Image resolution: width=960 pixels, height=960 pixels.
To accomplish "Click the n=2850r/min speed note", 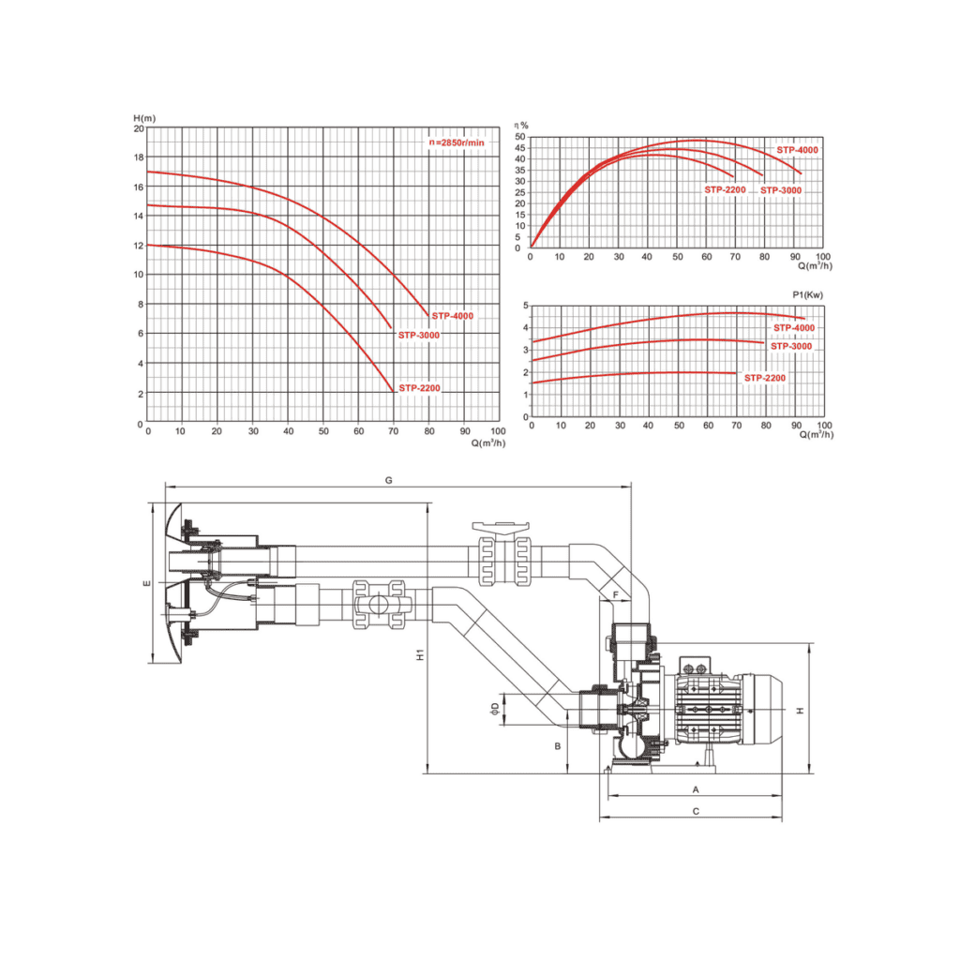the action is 457,142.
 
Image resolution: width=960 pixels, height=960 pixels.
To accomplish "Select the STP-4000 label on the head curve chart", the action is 453,316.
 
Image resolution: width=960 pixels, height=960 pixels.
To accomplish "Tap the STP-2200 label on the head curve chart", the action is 419,388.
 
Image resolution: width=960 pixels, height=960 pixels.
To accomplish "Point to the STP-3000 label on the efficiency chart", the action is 781,190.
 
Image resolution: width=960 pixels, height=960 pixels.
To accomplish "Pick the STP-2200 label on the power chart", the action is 765,379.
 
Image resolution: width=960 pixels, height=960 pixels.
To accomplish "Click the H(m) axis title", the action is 144,118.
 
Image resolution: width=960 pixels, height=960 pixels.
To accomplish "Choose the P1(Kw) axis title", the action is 807,295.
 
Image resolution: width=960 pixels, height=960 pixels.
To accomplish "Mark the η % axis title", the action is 521,126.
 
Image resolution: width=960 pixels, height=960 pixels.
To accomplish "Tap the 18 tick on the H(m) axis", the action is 139,157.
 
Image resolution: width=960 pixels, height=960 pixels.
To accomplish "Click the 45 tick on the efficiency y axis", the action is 519,148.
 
